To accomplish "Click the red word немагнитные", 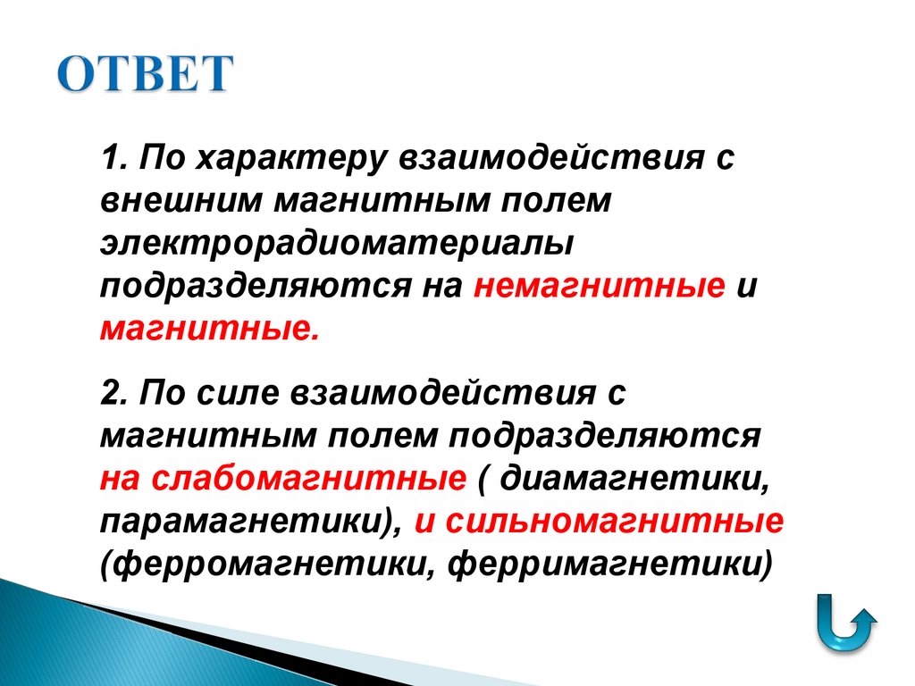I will click(599, 285).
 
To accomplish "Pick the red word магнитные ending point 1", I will click(207, 327).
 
